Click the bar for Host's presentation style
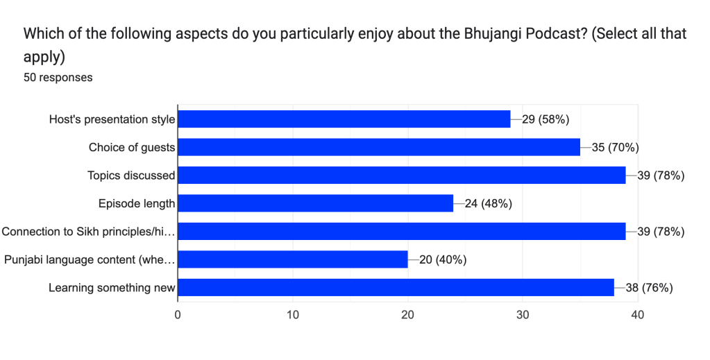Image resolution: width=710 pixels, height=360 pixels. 344,119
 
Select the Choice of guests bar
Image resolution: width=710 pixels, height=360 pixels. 379,147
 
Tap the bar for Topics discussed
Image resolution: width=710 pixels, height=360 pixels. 402,175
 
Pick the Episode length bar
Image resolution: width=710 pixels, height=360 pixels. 316,203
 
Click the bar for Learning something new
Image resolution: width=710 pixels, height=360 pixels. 396,288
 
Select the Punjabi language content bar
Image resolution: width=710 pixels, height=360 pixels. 293,259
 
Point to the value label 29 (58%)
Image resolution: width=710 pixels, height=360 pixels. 546,119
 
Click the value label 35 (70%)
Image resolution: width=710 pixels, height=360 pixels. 615,147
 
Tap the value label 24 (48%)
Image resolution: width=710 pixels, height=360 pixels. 489,203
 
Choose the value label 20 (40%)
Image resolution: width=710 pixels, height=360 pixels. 442,259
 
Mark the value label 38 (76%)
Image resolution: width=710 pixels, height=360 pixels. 650,288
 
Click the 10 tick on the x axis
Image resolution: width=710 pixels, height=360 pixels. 293,315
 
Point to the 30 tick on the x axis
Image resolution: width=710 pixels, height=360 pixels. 523,315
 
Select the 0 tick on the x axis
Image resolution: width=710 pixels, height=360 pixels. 178,315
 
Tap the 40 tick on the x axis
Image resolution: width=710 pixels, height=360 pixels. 637,315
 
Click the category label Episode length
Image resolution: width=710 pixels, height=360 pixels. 137,203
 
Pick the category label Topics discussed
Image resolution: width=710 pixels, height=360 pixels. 131,175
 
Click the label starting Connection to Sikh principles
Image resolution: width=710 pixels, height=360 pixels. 88,232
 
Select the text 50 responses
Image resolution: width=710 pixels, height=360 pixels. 58,78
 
